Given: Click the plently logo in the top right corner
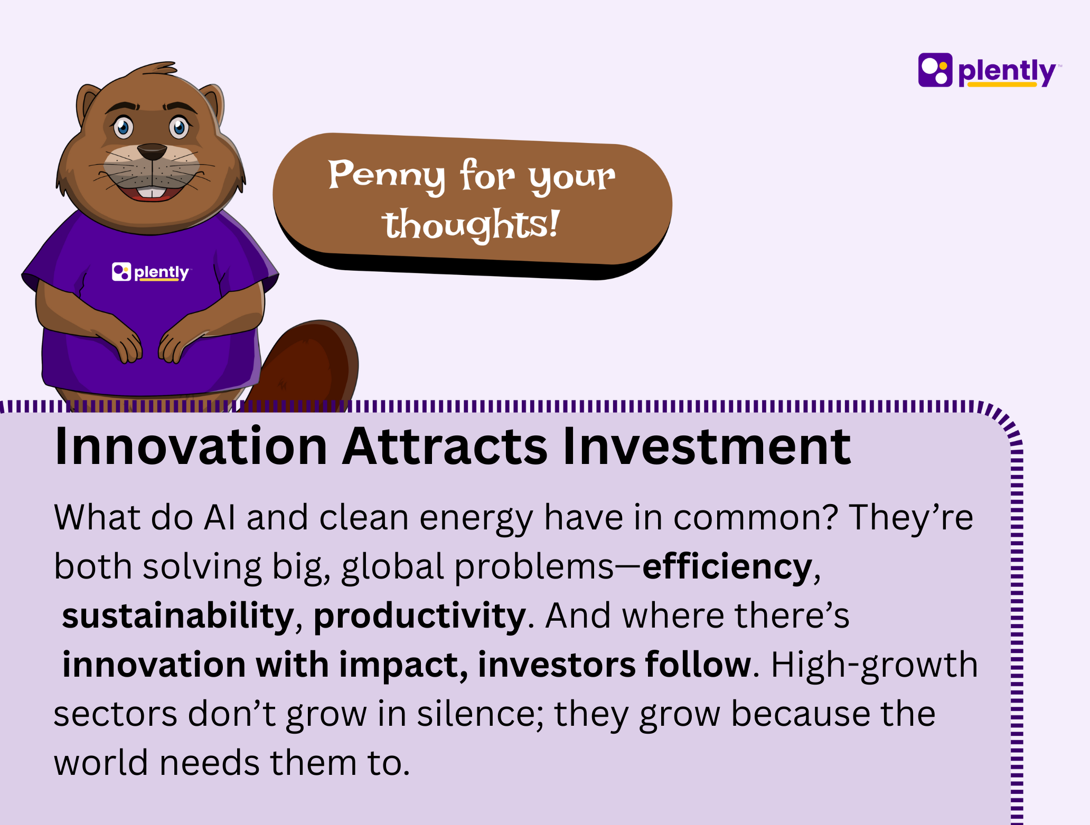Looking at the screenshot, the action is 989,70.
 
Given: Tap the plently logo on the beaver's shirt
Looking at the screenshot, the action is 151,272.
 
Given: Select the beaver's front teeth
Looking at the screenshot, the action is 152,193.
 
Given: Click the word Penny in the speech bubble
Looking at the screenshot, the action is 387,175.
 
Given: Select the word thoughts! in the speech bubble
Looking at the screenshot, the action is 470,225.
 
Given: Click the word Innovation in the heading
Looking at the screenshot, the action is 191,447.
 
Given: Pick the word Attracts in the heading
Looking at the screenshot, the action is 445,447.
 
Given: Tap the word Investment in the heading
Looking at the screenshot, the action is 707,447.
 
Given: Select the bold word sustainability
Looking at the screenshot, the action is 178,616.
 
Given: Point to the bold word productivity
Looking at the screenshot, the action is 420,616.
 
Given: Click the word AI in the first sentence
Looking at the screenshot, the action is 219,517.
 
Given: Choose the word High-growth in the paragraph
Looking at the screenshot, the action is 875,665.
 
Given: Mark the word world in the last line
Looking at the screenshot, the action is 101,763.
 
